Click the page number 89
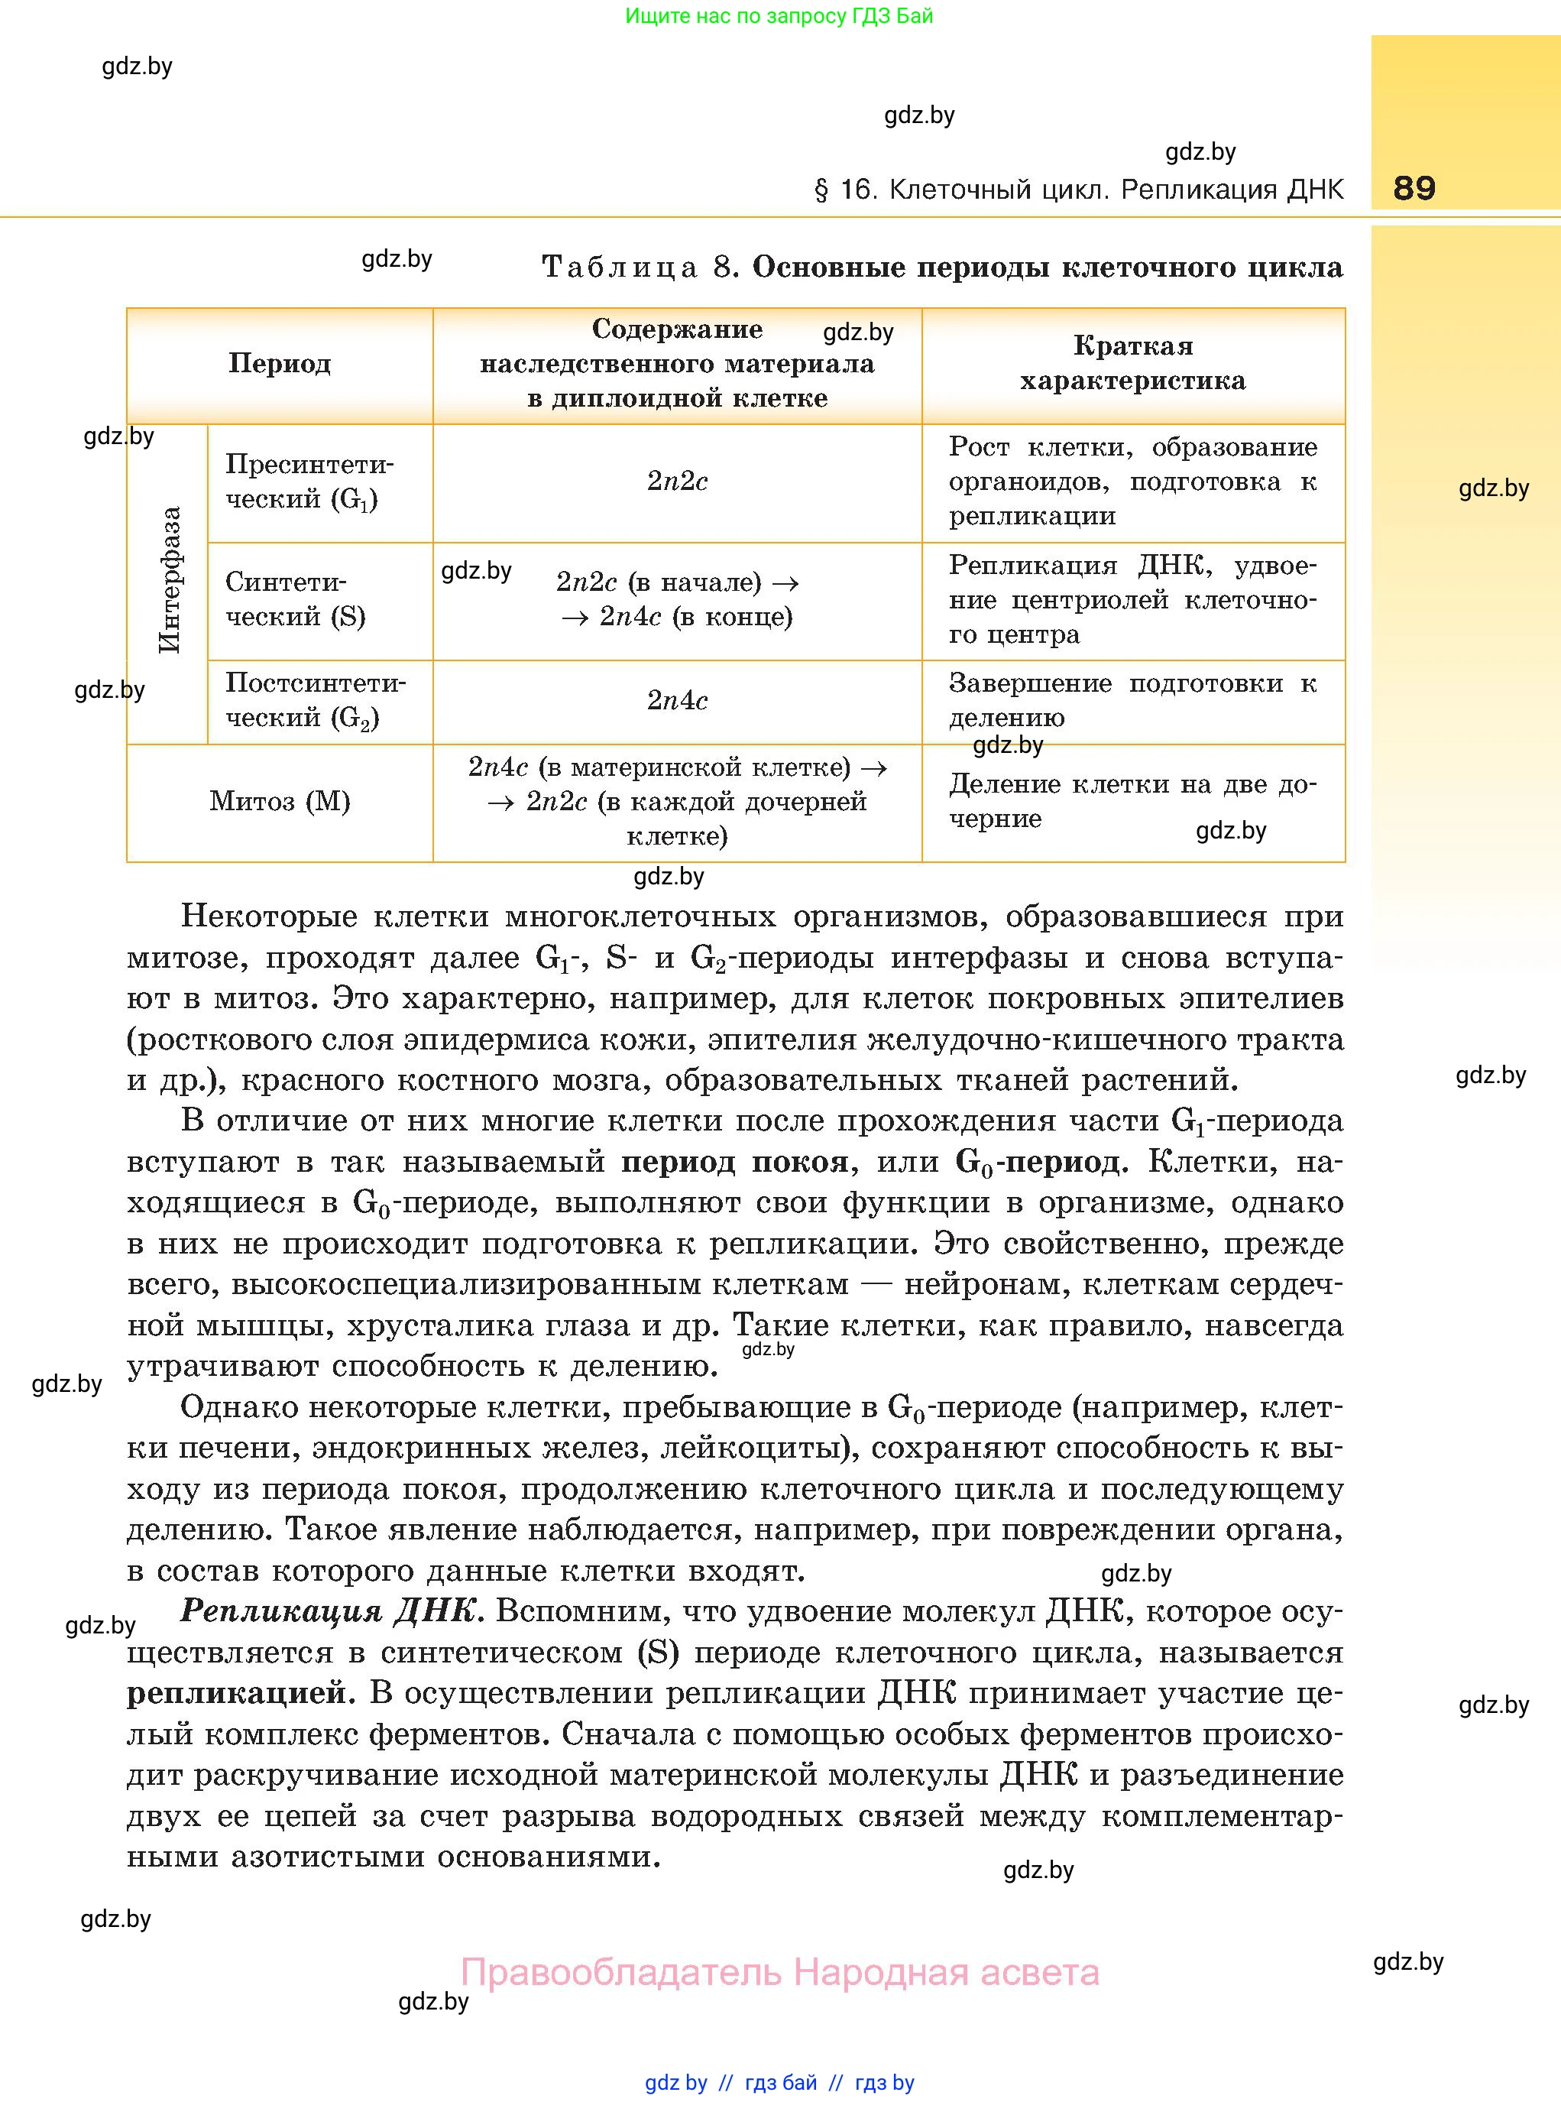pos(1414,187)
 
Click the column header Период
pos(280,364)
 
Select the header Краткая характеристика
pos(1132,364)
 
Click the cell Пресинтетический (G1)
pos(308,482)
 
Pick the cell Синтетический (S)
pos(295,599)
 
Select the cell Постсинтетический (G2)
pos(315,700)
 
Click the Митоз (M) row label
pos(280,802)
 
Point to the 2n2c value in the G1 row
pos(676,482)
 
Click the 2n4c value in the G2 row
pos(676,701)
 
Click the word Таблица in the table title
pos(620,268)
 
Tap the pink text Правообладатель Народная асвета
pos(779,1973)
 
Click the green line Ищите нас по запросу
pos(779,16)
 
